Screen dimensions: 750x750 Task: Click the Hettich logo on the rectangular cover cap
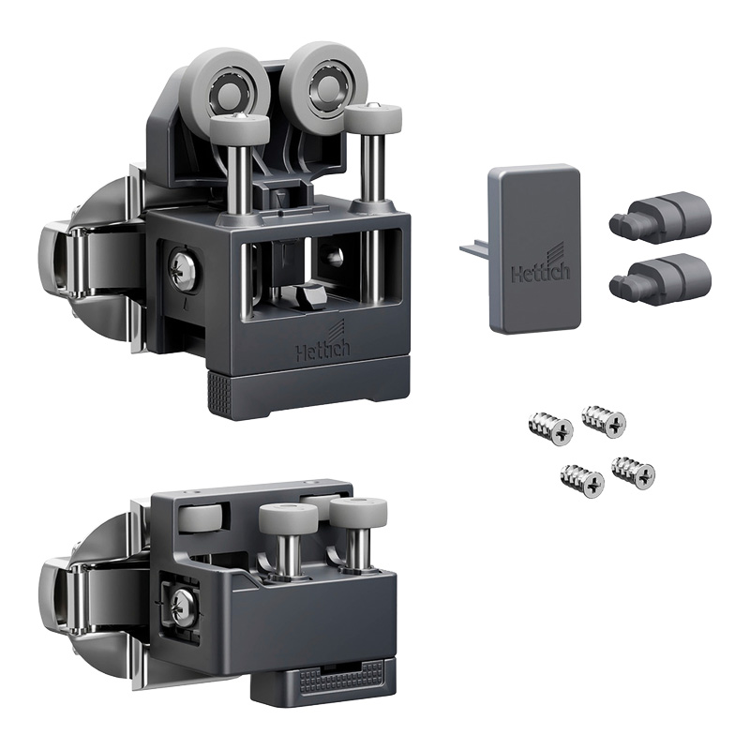541,268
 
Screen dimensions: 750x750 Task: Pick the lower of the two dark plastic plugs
660,278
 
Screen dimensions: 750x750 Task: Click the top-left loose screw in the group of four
550,428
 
